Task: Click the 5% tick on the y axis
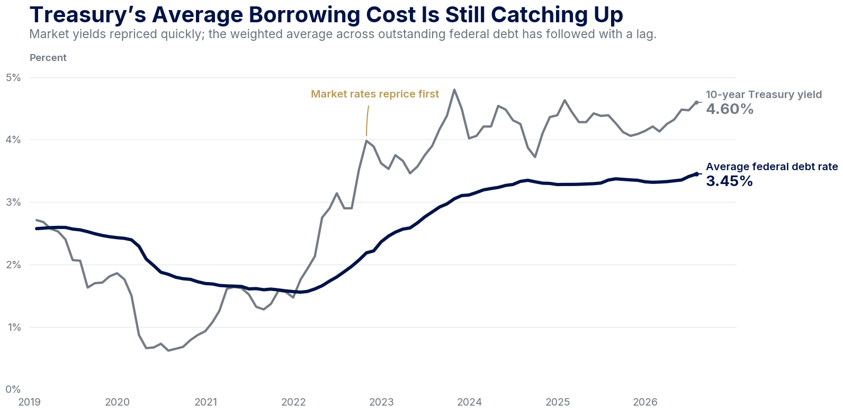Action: coord(13,77)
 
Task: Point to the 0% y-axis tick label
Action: coord(13,389)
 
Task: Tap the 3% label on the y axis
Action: coord(13,203)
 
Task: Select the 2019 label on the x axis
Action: coord(30,402)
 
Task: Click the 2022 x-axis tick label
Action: coord(293,402)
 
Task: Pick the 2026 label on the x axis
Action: coord(645,402)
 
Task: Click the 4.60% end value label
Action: coord(730,109)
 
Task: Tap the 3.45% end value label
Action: coord(729,181)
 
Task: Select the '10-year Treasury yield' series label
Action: coord(764,94)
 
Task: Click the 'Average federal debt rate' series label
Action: coord(772,166)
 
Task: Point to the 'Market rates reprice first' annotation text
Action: coord(375,94)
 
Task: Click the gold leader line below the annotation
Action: coord(367,120)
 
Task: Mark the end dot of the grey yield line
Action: coord(697,102)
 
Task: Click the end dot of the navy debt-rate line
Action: coord(697,174)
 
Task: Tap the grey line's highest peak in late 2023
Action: coord(454,90)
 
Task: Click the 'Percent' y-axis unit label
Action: coord(48,58)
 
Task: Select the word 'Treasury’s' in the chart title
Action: coord(88,15)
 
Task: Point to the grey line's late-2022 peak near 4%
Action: coord(366,140)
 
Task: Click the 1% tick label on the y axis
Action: coord(14,327)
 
